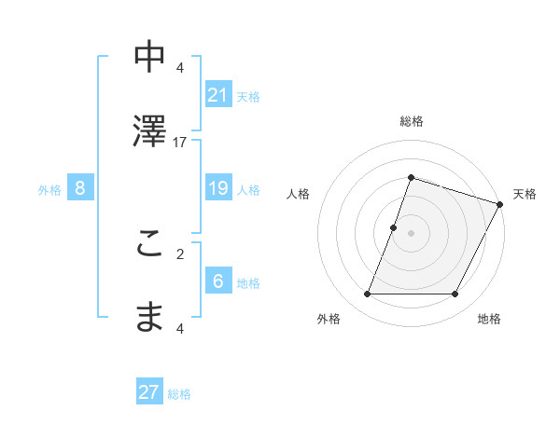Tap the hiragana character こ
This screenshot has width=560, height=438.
click(150, 243)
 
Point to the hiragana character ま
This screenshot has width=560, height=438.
click(150, 317)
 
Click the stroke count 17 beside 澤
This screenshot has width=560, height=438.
click(180, 142)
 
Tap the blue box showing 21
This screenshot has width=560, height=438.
click(217, 95)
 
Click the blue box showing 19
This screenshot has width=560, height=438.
click(217, 188)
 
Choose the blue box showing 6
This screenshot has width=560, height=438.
click(217, 281)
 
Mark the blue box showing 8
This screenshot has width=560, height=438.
click(80, 188)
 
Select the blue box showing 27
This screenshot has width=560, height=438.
click(149, 392)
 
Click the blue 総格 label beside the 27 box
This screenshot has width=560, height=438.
click(179, 394)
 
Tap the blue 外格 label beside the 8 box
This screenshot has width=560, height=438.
click(49, 190)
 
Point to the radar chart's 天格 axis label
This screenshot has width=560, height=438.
click(525, 194)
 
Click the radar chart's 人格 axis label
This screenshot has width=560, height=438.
click(298, 194)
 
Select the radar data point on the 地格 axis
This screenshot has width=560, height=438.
click(455, 294)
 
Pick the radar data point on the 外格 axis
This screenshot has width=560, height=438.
click(367, 294)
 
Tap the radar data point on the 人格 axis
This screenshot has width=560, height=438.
click(394, 227)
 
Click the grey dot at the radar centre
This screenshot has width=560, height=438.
click(411, 233)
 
